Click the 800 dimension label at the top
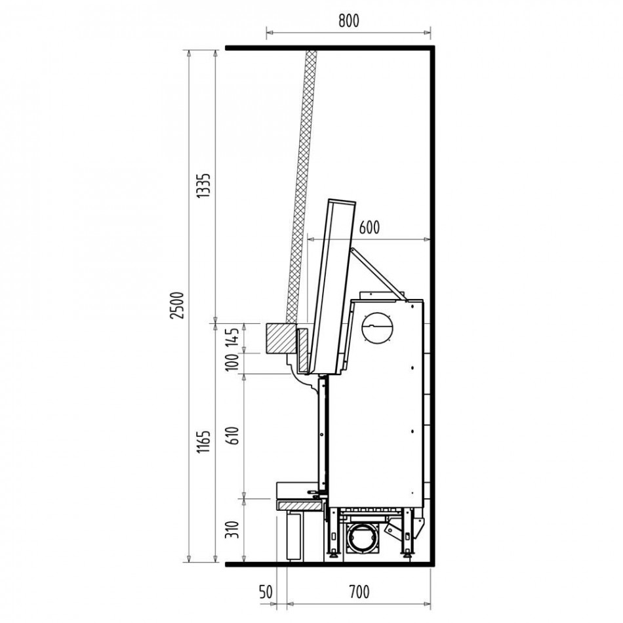pos(348,21)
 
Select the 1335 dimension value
pos(204,186)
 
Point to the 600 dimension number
pos(369,228)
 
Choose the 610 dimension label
pos(233,435)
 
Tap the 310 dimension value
pos(233,531)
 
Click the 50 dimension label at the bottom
pos(266,592)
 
